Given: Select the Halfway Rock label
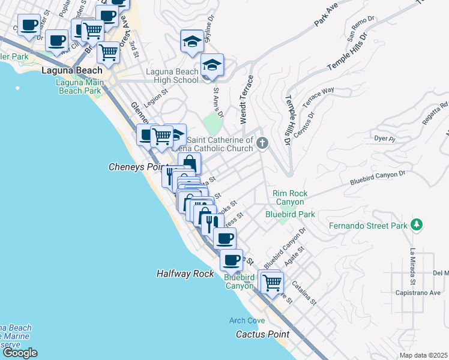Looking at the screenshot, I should (x=185, y=274).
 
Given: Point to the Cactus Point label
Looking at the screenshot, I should (x=262, y=334).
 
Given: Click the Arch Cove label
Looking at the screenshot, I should (x=247, y=320).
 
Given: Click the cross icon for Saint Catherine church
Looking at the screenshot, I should (x=262, y=143).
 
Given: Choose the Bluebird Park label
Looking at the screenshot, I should (x=291, y=214).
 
